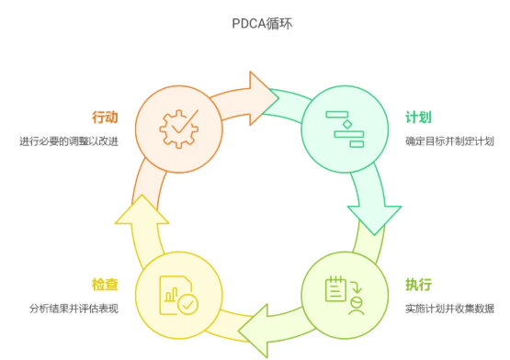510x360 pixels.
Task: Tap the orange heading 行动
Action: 105,118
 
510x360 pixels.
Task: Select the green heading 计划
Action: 418,118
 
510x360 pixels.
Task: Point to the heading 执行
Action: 418,284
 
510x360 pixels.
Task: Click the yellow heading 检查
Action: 105,285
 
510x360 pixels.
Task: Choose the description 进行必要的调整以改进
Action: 69,141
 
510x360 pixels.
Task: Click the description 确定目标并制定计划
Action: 449,141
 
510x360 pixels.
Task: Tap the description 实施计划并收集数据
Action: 449,308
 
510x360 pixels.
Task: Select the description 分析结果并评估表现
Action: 69,308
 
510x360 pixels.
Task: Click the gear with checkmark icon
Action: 178,129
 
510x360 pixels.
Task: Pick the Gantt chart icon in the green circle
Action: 345,129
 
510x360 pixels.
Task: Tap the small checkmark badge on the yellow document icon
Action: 188,303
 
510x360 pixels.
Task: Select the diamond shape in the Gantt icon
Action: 346,119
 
